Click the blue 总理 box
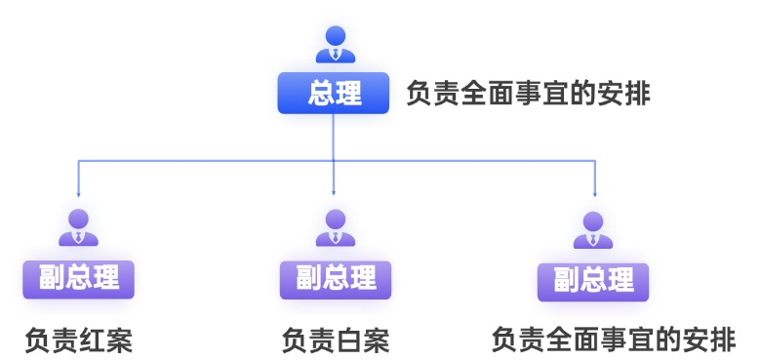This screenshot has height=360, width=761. click(x=335, y=94)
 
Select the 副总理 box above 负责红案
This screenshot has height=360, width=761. click(x=78, y=278)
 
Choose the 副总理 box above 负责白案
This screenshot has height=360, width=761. click(x=335, y=278)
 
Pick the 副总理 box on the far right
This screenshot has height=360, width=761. click(x=593, y=281)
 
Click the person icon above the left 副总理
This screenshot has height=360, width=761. click(x=78, y=227)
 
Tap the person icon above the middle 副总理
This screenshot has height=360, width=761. click(x=335, y=227)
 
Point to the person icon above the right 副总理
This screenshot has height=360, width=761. click(x=593, y=231)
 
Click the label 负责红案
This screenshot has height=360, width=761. click(x=78, y=340)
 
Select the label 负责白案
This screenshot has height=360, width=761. click(x=335, y=340)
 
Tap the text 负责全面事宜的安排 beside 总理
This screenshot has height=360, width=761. click(x=528, y=94)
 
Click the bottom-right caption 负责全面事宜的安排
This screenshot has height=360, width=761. click(x=614, y=340)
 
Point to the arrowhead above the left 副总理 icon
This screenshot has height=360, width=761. click(x=78, y=192)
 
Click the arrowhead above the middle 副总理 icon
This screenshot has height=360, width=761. click(x=335, y=192)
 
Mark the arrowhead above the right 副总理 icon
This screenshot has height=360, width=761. click(x=593, y=192)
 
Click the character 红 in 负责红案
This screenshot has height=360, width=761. click(x=92, y=340)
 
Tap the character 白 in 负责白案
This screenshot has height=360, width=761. click(x=348, y=340)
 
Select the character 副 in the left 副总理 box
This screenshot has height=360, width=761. click(x=52, y=278)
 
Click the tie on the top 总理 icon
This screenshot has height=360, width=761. click(x=335, y=55)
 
